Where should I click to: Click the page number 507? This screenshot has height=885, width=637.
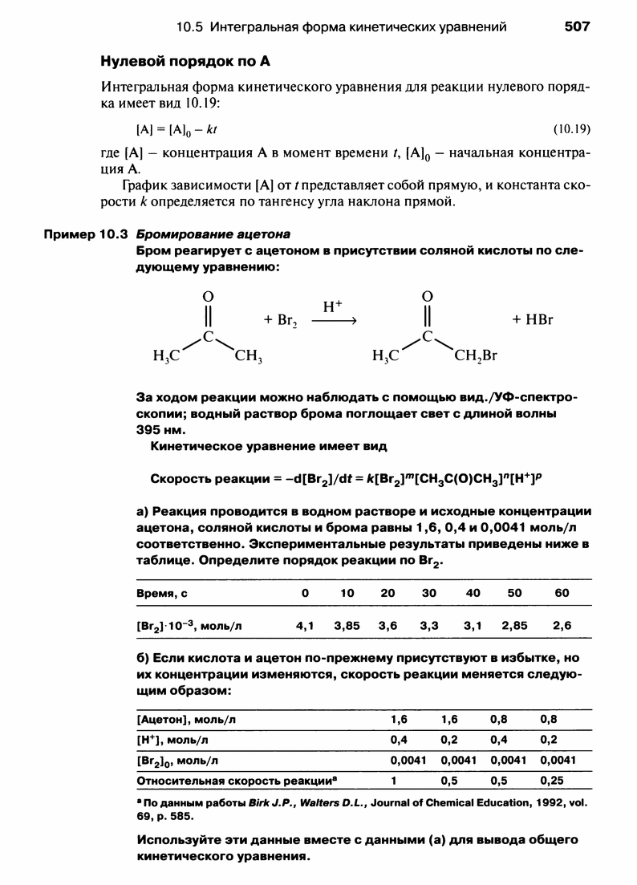click(x=577, y=26)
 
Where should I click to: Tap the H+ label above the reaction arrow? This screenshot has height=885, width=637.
click(x=332, y=307)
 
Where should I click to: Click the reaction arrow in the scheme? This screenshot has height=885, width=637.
click(x=333, y=319)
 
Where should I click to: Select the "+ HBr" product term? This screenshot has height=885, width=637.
click(x=534, y=319)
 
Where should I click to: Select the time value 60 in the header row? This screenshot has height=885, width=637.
click(x=561, y=592)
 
